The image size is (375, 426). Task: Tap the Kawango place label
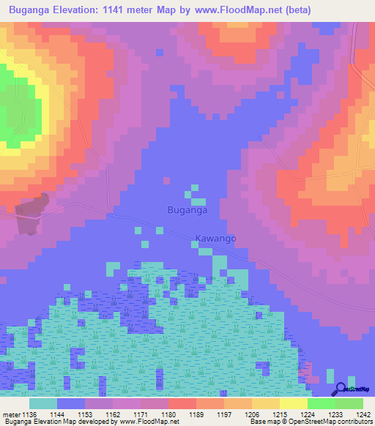coord(215,239)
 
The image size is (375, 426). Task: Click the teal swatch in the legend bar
coord(43,403)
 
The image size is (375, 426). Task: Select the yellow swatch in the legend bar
coord(294,403)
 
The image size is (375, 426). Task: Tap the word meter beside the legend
coord(12,414)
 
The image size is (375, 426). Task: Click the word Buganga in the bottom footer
coord(16,422)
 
